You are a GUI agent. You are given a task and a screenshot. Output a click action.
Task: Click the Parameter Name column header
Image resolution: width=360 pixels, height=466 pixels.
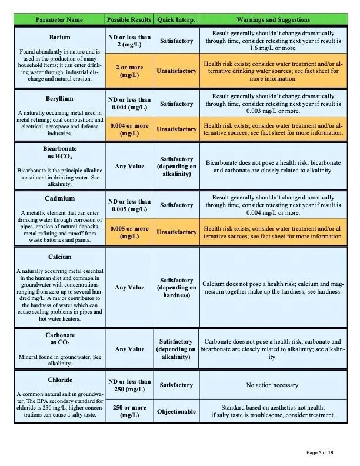59,20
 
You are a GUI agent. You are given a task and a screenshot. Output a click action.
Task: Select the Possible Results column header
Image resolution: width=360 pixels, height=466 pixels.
129,20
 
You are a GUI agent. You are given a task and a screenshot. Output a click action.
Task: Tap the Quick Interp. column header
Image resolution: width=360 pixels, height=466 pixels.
176,20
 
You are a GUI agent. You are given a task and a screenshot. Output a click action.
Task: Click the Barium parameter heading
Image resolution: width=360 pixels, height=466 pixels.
59,38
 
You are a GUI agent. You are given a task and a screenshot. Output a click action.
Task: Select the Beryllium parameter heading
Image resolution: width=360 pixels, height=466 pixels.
59,98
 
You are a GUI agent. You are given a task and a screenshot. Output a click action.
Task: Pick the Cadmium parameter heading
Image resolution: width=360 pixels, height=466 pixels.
59,198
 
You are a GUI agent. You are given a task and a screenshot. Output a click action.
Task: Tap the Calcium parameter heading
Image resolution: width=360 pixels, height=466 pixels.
59,257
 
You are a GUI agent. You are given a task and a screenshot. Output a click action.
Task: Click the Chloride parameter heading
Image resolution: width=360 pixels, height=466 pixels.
59,380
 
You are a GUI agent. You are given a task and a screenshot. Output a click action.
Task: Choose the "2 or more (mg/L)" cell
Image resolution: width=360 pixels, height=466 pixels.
129,72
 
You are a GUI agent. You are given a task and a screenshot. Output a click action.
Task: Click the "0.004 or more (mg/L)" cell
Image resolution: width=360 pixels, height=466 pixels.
129,129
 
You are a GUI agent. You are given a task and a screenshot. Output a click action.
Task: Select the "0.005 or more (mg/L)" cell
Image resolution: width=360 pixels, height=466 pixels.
129,232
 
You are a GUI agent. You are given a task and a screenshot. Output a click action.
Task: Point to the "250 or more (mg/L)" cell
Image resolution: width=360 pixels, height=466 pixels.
129,411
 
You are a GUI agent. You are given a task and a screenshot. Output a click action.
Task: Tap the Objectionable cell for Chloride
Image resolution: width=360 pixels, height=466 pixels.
176,411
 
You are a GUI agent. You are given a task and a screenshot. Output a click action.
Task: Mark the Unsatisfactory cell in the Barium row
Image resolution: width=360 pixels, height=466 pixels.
176,71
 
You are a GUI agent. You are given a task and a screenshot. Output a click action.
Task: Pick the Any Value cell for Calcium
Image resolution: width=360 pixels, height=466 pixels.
129,288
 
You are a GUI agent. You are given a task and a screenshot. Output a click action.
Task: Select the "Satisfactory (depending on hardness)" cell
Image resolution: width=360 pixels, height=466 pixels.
176,288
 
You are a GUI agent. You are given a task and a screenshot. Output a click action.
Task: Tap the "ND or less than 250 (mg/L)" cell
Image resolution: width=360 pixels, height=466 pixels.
129,385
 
